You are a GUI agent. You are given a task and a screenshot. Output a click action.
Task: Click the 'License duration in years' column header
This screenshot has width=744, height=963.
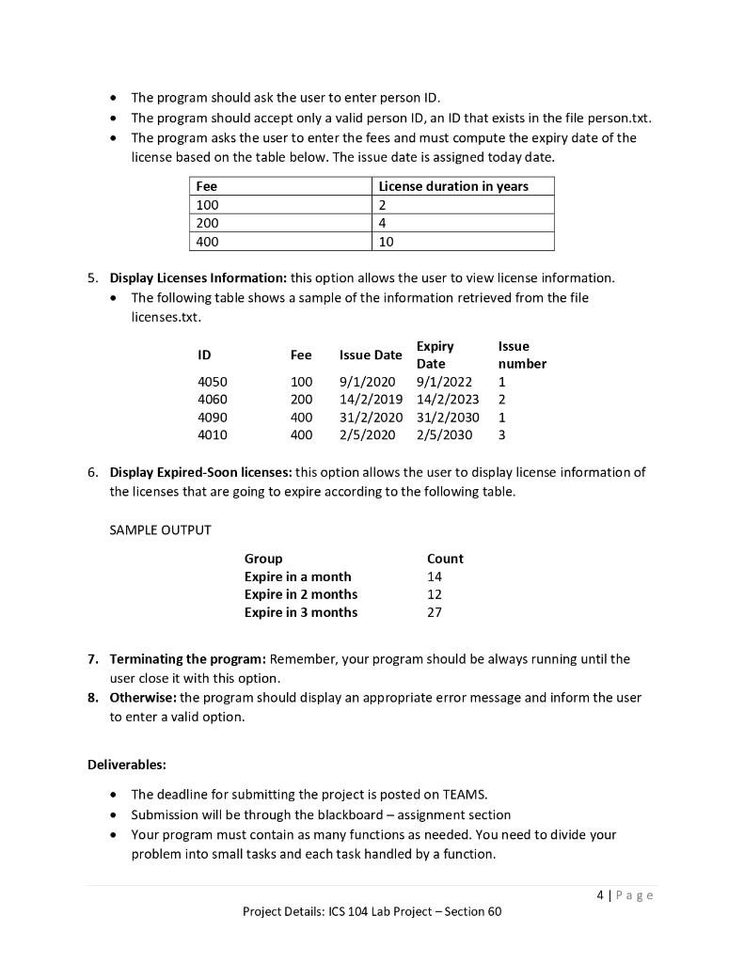(x=453, y=186)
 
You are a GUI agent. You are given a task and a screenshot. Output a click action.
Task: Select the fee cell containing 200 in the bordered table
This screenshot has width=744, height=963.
(x=206, y=223)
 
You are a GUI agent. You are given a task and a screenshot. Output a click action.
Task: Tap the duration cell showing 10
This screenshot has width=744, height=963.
(x=387, y=242)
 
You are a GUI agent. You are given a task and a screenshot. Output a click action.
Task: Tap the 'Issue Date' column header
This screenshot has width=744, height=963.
(x=371, y=355)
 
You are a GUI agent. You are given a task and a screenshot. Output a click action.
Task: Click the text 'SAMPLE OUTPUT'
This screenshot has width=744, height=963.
(x=160, y=529)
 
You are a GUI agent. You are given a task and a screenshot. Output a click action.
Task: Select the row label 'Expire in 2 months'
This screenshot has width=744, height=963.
(x=301, y=594)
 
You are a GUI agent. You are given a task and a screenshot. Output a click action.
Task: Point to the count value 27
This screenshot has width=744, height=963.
(x=435, y=612)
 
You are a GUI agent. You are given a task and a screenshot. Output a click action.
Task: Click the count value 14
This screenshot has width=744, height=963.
(x=435, y=576)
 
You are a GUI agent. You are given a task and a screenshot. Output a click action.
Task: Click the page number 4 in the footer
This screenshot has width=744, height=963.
(x=600, y=894)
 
